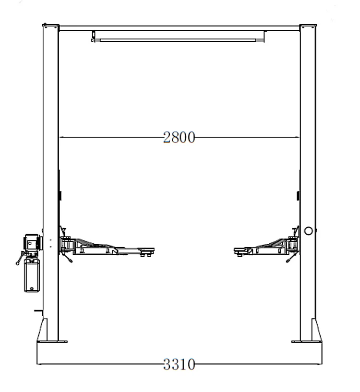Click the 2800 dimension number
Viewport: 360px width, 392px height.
click(x=179, y=137)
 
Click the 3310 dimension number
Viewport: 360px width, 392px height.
click(x=179, y=364)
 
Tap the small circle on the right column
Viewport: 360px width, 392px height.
click(x=309, y=231)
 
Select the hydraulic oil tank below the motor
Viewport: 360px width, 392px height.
click(x=32, y=275)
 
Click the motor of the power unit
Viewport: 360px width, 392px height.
click(x=32, y=242)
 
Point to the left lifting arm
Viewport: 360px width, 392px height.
click(x=108, y=248)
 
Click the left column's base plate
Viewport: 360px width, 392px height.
click(x=52, y=342)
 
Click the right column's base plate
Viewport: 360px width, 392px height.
click(x=307, y=342)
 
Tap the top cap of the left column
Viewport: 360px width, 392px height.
click(x=51, y=25)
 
